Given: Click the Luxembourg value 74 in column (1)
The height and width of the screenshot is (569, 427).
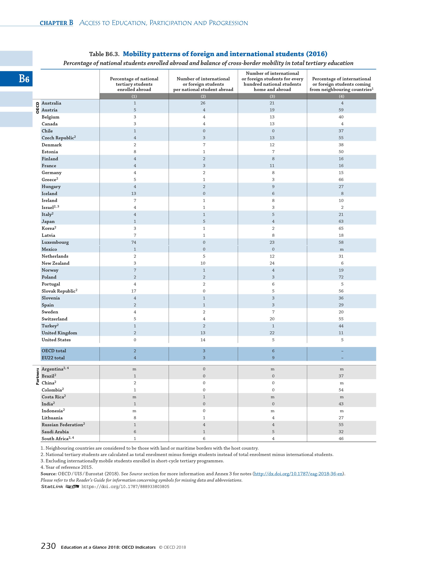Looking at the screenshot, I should [134, 242].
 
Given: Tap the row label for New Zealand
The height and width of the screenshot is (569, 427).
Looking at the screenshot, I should [56, 263].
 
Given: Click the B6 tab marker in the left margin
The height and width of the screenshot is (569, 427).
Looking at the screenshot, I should [24, 79].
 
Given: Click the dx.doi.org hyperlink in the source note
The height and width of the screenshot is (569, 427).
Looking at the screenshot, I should [299, 474].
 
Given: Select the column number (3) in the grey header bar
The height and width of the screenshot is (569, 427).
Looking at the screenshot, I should [272, 96].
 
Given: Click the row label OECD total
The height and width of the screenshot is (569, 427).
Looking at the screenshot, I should [54, 351].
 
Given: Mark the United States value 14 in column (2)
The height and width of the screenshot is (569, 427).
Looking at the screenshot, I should [203, 340].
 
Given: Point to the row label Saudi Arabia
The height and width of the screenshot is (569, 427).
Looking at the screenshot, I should [55, 432].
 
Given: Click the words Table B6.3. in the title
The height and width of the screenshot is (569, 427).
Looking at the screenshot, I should [104, 54].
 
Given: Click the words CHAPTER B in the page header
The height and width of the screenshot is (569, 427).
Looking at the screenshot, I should [56, 23].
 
